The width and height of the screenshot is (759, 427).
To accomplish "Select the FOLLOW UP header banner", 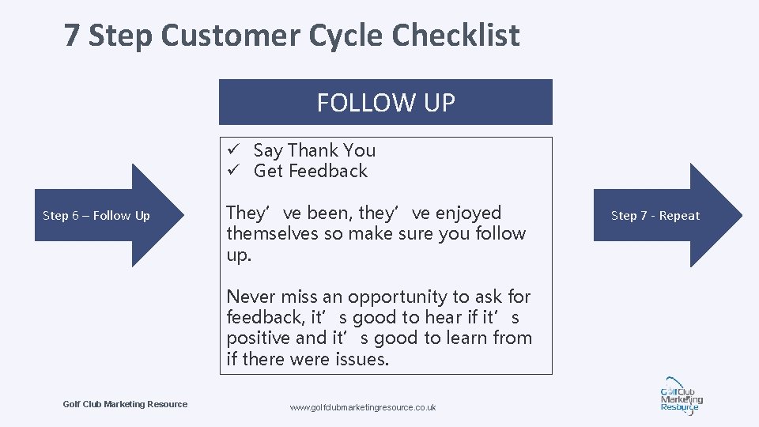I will pyautogui.click(x=385, y=102).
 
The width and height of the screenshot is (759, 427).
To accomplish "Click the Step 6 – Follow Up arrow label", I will pyautogui.click(x=96, y=216).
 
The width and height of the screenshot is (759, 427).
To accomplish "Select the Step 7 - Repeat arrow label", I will pyautogui.click(x=655, y=216).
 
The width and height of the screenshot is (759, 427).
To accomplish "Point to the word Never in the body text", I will pyautogui.click(x=249, y=297).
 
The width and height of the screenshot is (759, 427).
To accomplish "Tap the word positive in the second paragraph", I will pyautogui.click(x=258, y=338).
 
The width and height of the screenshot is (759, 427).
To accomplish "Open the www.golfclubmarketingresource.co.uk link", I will pyautogui.click(x=363, y=407).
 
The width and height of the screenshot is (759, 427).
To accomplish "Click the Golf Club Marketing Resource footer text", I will pyautogui.click(x=125, y=404).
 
